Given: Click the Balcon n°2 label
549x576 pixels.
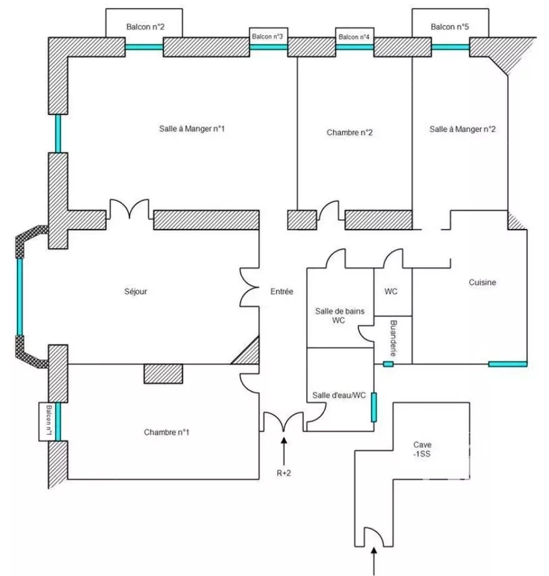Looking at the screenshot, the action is click(x=145, y=27).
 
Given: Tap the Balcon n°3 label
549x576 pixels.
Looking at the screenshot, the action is click(x=267, y=36).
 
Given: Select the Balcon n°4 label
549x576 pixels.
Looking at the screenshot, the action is click(x=354, y=37).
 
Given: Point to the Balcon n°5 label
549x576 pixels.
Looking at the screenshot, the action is click(x=450, y=27).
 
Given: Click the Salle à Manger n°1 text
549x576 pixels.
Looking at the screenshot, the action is click(x=192, y=129).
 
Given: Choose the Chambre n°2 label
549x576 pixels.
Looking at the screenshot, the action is click(x=349, y=132).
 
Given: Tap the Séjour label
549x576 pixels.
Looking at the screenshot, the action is click(x=136, y=291).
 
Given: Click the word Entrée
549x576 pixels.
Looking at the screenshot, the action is click(x=282, y=291).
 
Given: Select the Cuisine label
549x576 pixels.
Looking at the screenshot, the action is click(x=482, y=282).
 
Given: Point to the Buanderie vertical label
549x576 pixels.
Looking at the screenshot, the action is click(x=393, y=338).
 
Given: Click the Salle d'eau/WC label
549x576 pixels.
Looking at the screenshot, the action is click(x=339, y=395).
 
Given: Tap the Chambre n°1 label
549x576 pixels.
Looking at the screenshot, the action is click(x=166, y=432).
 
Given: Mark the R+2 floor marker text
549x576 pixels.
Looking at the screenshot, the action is click(x=284, y=473).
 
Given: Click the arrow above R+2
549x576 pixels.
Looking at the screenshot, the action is click(x=284, y=451).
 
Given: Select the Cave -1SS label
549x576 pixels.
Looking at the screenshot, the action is click(x=422, y=449).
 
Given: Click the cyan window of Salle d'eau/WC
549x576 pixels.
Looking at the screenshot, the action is click(x=373, y=407).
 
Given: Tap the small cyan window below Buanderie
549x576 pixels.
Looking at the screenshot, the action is click(x=388, y=364).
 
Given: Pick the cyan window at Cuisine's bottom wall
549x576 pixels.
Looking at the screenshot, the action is click(x=508, y=364).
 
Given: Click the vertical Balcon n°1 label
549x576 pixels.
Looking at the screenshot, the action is click(x=49, y=421).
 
